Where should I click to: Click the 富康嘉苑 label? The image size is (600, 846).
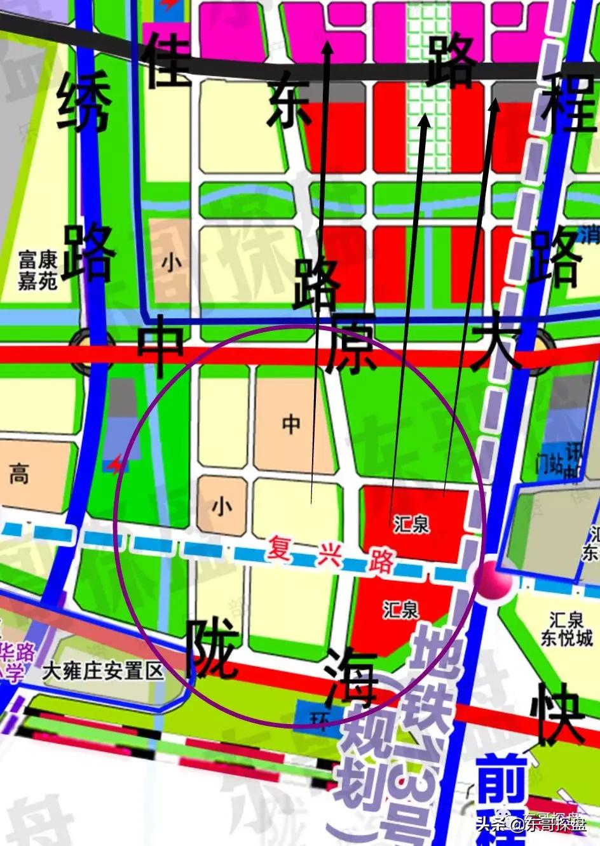click(38, 270)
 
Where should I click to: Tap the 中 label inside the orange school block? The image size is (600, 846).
click(291, 424)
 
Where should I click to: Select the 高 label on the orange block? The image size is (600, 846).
click(19, 473)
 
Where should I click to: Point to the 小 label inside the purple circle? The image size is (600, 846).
click(221, 506)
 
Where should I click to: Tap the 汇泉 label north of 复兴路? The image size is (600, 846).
click(411, 525)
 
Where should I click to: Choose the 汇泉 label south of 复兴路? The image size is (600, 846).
click(401, 610)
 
